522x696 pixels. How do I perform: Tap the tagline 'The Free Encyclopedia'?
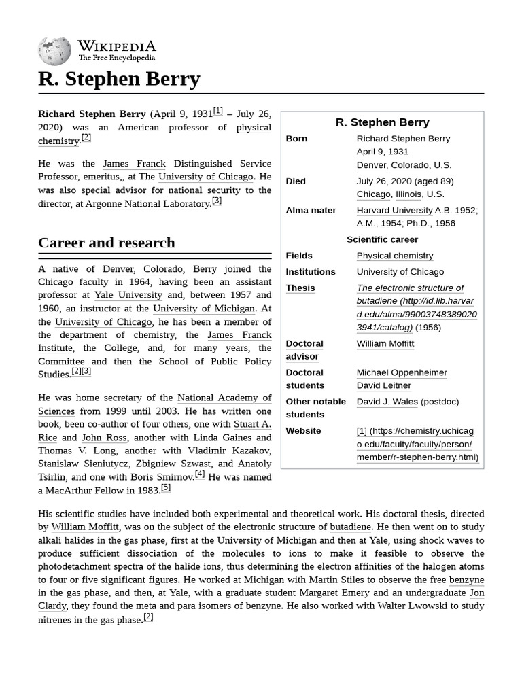(116, 58)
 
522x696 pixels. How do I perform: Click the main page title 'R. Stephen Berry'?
(119, 79)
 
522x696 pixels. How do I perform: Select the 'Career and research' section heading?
(107, 243)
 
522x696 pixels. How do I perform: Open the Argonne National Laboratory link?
(147, 203)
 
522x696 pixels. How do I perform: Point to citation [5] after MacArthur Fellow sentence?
(166, 488)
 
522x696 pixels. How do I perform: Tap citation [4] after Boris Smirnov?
(200, 474)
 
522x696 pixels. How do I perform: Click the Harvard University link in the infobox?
(394, 210)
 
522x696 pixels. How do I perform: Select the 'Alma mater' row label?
(311, 210)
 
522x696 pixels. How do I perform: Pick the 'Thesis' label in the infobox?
(300, 288)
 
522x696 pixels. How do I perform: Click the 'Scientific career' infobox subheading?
(382, 239)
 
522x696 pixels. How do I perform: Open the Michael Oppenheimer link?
(402, 372)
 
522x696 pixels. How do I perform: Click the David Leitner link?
(383, 385)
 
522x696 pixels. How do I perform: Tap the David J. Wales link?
(387, 401)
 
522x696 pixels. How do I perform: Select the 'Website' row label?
(303, 430)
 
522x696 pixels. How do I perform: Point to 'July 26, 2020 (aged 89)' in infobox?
(404, 181)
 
